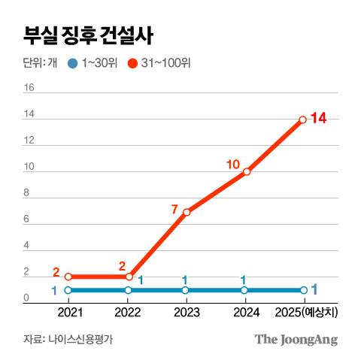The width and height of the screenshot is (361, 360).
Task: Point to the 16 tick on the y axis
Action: [30, 87]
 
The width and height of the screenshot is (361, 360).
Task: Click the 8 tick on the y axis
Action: [28, 193]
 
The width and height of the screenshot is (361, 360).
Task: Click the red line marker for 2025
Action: [302, 119]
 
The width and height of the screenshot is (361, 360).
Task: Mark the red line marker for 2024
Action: [246, 171]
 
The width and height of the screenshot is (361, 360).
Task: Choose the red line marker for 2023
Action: [187, 211]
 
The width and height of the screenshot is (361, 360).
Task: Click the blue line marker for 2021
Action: [68, 290]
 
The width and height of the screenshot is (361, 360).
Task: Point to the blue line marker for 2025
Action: [303, 290]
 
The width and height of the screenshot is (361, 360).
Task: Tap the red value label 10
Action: [233, 163]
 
